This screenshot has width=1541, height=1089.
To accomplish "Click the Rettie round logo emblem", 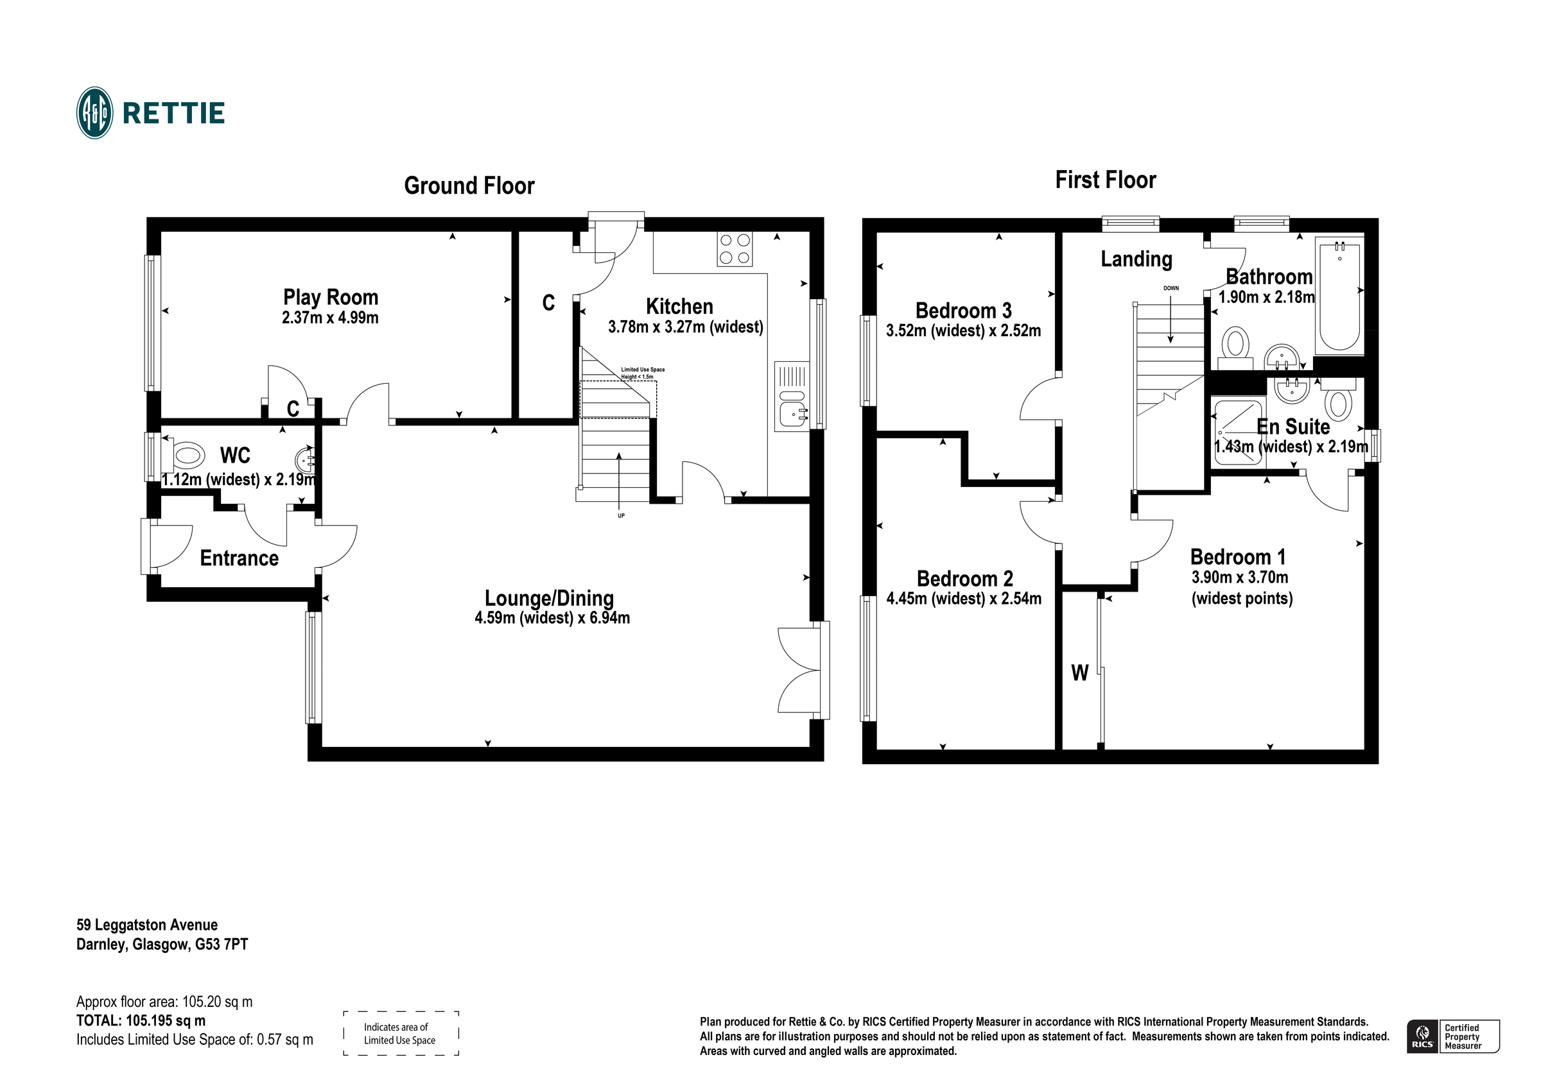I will [94, 113].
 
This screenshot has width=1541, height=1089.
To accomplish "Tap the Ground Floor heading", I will [469, 186].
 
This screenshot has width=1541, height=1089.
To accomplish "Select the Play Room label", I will [330, 297].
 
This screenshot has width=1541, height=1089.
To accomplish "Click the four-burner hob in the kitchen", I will [735, 249].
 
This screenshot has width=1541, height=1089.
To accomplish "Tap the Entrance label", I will [239, 558].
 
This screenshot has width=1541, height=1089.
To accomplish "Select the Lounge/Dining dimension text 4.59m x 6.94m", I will [552, 618].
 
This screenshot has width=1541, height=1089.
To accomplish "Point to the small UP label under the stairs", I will [621, 516].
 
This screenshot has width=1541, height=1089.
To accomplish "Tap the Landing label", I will [1136, 259].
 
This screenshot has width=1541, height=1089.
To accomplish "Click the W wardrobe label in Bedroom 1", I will [1079, 673].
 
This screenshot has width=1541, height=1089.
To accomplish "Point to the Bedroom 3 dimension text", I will [963, 330].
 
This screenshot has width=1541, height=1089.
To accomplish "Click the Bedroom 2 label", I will [964, 578].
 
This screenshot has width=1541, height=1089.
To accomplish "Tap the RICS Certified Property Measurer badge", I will [1452, 1036].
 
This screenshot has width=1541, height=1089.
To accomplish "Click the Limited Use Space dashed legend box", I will [401, 1033].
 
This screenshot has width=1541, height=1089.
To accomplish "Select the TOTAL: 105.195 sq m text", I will [141, 1020].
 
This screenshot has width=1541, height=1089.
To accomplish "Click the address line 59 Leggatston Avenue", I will [147, 925].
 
